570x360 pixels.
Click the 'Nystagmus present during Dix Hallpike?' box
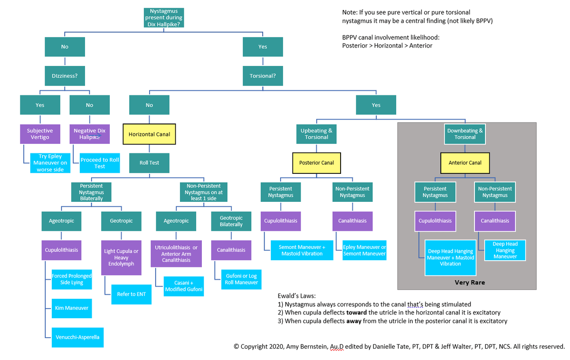tap(164, 18)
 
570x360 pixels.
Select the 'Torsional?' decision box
tap(263, 76)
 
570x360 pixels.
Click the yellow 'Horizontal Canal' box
tap(149, 134)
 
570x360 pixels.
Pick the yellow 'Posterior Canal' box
tap(316, 162)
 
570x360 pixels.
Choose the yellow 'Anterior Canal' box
tap(465, 162)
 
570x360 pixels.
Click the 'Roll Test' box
tap(149, 162)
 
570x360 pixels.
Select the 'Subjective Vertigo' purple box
tap(40, 133)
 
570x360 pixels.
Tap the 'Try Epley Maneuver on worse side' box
tap(50, 163)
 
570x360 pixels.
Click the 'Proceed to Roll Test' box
tap(100, 163)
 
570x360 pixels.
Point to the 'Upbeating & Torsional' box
tap(316, 133)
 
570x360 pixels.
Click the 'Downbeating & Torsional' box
tap(465, 133)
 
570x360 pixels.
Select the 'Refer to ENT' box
tap(132, 294)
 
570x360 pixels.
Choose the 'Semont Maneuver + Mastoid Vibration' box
tap(302, 250)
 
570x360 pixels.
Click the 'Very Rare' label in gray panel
tap(469, 283)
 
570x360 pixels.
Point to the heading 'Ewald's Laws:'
tap(296, 295)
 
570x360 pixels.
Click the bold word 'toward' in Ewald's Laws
tap(356, 313)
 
